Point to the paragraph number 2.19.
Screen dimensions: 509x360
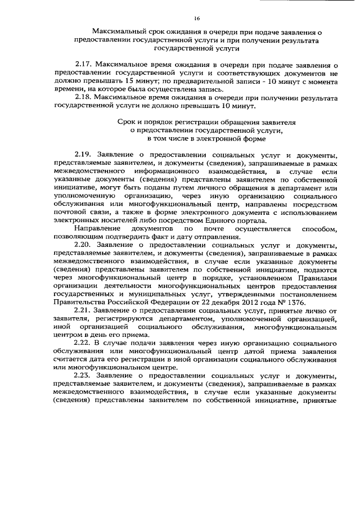(x=84, y=154)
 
